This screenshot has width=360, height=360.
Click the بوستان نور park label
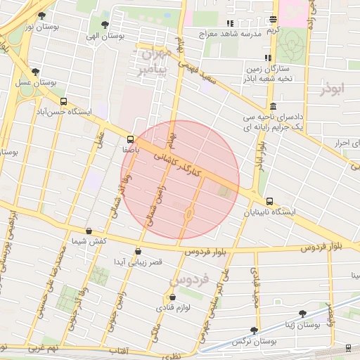pos(39,27)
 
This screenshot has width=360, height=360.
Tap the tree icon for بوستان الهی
pos(105,25)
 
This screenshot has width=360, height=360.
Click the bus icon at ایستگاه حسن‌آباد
pos(64,101)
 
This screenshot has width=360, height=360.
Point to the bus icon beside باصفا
pos(130,139)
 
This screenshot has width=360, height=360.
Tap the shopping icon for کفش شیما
pos(89,231)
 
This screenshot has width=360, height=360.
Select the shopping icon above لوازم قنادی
pos(163,297)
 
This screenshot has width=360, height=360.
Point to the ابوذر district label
pos(333,89)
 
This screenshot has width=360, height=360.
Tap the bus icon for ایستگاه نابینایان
pos(271,201)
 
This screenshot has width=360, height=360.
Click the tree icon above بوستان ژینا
pos(303,314)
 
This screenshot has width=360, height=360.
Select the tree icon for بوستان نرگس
pos(255,330)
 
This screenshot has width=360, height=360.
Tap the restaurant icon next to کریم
pos(273,20)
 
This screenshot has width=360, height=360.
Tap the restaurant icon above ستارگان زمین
pos(267,58)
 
